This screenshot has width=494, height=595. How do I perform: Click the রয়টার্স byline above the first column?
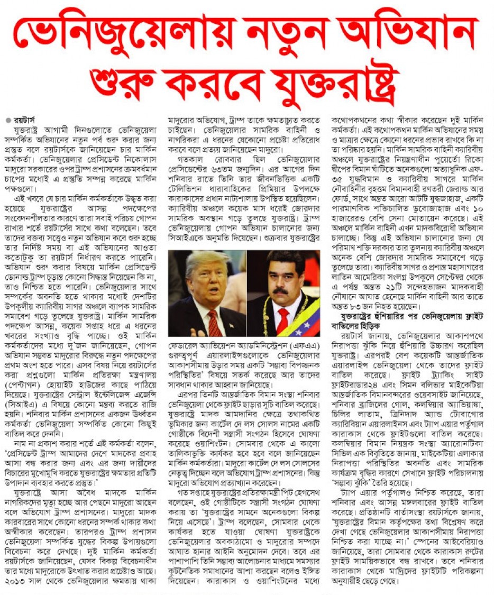25,120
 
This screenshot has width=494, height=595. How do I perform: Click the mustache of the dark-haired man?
281,291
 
